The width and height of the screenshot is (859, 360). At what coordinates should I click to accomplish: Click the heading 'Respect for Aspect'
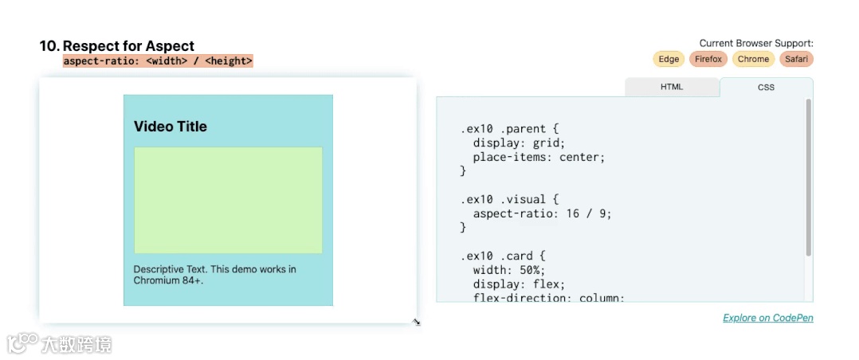point(128,46)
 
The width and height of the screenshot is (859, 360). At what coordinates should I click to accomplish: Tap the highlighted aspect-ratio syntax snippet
point(158,61)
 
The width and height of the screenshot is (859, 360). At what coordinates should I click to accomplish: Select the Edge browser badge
point(669,59)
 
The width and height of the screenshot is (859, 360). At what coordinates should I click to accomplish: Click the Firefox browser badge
point(708,59)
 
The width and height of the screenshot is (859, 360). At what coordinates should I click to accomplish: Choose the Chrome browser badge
point(753,59)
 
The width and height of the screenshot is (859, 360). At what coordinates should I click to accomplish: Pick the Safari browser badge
point(796,59)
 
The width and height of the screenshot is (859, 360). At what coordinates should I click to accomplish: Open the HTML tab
point(672,87)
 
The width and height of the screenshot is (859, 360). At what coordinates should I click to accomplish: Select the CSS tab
point(766,88)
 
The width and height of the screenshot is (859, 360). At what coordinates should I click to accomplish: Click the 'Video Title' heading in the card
point(171,127)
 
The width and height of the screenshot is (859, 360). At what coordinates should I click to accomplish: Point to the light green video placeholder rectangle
point(228,200)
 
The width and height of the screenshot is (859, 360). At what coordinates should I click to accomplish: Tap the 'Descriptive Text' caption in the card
point(214,275)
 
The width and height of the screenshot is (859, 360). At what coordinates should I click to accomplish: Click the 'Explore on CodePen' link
point(767,318)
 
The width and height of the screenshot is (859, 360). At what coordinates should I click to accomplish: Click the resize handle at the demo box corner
point(416,322)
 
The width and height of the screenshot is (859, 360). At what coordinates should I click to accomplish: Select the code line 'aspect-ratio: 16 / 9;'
point(542,213)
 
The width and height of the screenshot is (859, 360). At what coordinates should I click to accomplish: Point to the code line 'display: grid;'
point(518,143)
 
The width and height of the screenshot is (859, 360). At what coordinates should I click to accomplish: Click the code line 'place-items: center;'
point(539,158)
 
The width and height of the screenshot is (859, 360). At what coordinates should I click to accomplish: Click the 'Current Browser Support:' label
point(755,43)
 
